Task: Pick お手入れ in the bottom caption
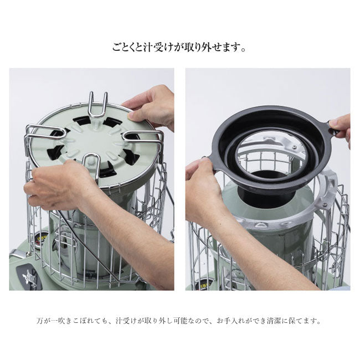tap(230, 321)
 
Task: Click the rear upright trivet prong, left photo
tap(98, 105)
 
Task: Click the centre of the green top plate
tap(95, 143)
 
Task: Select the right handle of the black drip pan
tap(333, 127)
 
